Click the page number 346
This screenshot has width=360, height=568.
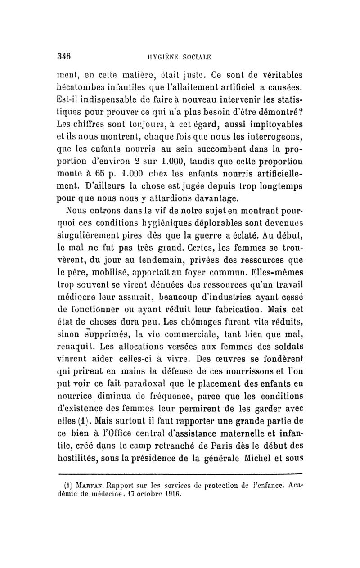pos(66,57)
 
